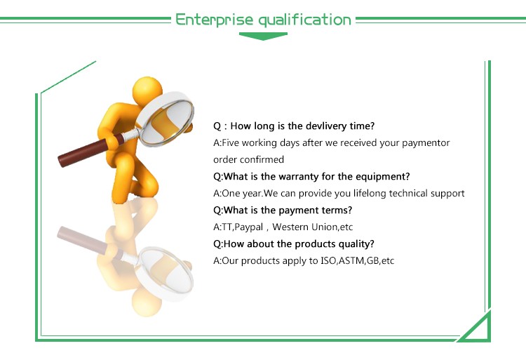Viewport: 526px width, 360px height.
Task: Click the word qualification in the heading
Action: point(304,19)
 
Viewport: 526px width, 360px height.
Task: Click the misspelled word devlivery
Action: point(328,126)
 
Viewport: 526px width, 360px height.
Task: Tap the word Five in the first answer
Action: point(231,143)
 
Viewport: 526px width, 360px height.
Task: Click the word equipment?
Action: point(379,177)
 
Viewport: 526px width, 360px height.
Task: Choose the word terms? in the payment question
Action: point(337,211)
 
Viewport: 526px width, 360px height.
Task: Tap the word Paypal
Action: point(251,227)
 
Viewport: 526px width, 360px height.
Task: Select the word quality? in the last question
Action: point(353,244)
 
